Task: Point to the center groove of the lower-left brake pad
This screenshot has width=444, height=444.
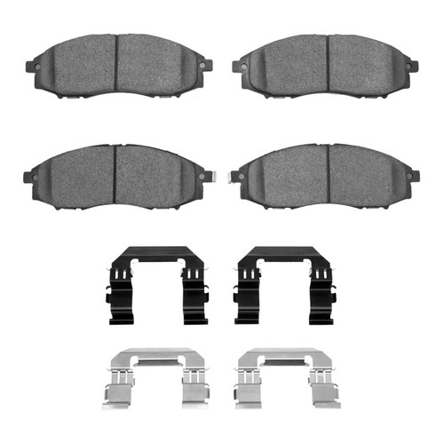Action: point(115,174)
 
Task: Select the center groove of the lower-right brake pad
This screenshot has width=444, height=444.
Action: point(329,174)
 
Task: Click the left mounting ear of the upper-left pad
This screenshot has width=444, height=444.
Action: point(30,64)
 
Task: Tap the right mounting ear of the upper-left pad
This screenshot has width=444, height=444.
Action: point(206,64)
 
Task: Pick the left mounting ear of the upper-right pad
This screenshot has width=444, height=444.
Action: point(238,65)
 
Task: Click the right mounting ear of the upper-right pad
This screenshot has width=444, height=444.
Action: point(412,64)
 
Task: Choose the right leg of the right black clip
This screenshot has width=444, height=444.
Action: point(320,284)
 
